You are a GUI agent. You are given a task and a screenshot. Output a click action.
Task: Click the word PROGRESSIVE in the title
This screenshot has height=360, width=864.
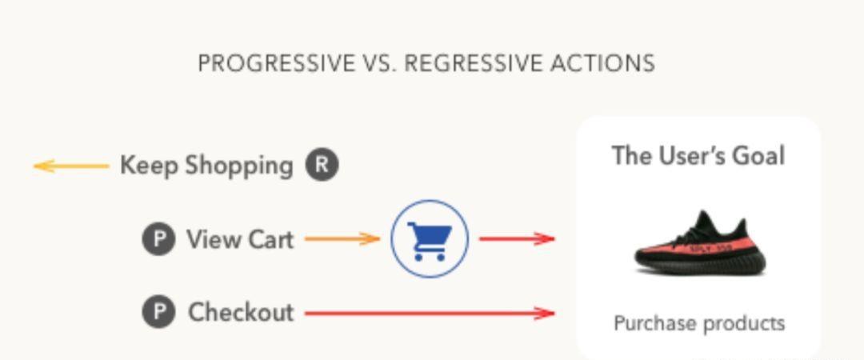click(277, 63)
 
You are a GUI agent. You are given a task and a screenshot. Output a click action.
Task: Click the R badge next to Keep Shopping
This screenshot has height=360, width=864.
click(322, 165)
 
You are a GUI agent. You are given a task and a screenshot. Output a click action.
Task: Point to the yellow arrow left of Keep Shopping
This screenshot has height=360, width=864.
click(71, 166)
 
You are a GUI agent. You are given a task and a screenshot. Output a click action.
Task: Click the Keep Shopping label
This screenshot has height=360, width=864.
click(206, 166)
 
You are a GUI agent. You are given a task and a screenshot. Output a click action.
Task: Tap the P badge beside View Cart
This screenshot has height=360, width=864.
click(158, 239)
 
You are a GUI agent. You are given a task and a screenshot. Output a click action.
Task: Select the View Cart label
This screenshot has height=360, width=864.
click(240, 239)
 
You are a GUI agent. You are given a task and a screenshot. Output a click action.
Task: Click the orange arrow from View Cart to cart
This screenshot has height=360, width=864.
click(342, 238)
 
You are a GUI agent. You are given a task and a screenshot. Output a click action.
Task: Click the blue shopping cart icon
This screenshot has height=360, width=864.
click(430, 238)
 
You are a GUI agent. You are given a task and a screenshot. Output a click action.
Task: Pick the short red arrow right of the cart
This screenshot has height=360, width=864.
click(517, 238)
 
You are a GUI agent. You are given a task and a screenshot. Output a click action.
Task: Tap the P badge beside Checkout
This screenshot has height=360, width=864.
click(158, 312)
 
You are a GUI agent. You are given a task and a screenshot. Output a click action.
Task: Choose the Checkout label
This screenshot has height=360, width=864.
click(241, 313)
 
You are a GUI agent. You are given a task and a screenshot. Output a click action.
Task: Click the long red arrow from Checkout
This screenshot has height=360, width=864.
click(430, 313)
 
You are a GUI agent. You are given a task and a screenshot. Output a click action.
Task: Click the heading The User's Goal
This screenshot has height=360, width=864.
click(698, 155)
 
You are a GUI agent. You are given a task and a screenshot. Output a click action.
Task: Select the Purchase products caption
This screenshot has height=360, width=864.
click(698, 323)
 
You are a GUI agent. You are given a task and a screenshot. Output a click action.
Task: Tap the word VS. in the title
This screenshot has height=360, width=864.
click(380, 63)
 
